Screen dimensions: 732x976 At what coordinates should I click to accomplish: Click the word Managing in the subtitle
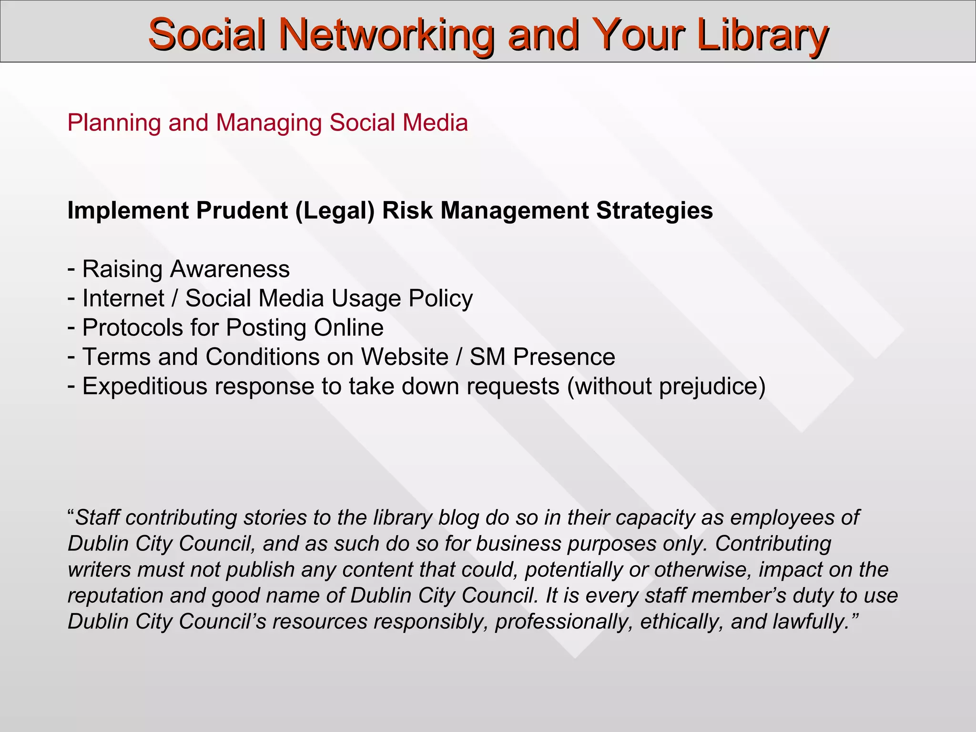pyautogui.click(x=269, y=123)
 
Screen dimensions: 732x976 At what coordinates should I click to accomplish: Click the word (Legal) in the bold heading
pyautogui.click(x=335, y=211)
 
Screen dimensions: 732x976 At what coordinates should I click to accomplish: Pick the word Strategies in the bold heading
pyautogui.click(x=654, y=211)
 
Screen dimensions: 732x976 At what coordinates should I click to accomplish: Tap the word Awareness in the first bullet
pyautogui.click(x=230, y=269)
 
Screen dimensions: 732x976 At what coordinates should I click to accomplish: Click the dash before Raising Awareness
pyautogui.click(x=71, y=269)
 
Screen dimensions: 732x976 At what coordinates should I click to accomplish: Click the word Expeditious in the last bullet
pyautogui.click(x=145, y=386)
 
